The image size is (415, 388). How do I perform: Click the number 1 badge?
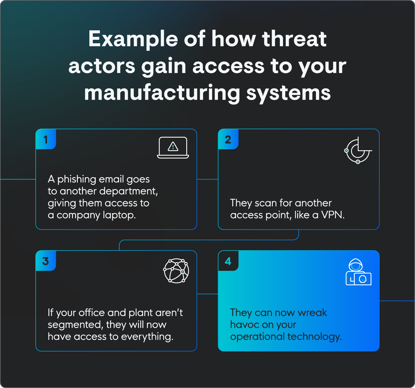46,139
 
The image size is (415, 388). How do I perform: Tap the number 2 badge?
228,139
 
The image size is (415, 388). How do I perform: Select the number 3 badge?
46,261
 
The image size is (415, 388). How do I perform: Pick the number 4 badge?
228,261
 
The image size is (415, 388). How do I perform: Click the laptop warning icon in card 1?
173,148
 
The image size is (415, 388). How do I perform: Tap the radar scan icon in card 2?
358,151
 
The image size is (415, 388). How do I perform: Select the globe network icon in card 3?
176,271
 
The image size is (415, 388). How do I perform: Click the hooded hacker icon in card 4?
358,272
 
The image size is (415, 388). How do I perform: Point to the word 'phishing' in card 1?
77,179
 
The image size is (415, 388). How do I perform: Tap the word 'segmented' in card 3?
75,325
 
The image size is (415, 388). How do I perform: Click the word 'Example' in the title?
133,39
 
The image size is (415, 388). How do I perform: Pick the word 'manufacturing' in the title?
162,93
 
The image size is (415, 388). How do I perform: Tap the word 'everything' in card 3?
147,337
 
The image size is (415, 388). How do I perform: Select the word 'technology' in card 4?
315,337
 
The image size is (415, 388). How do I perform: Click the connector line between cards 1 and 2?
207,179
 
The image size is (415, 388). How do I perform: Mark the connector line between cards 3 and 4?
207,294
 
